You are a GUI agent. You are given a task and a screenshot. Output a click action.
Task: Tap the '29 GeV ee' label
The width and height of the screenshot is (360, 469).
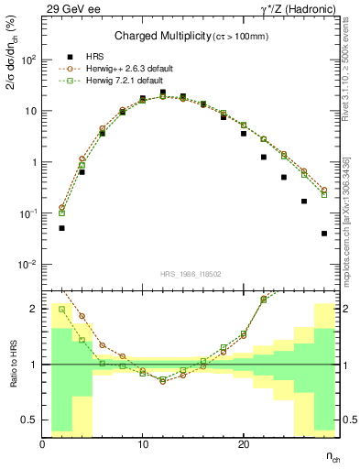(x=71, y=8)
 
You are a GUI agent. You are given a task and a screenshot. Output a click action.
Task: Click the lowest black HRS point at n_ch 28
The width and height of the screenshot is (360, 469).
(x=324, y=234)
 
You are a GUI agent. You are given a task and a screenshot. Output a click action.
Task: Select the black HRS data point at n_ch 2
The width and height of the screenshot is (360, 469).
(x=62, y=228)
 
